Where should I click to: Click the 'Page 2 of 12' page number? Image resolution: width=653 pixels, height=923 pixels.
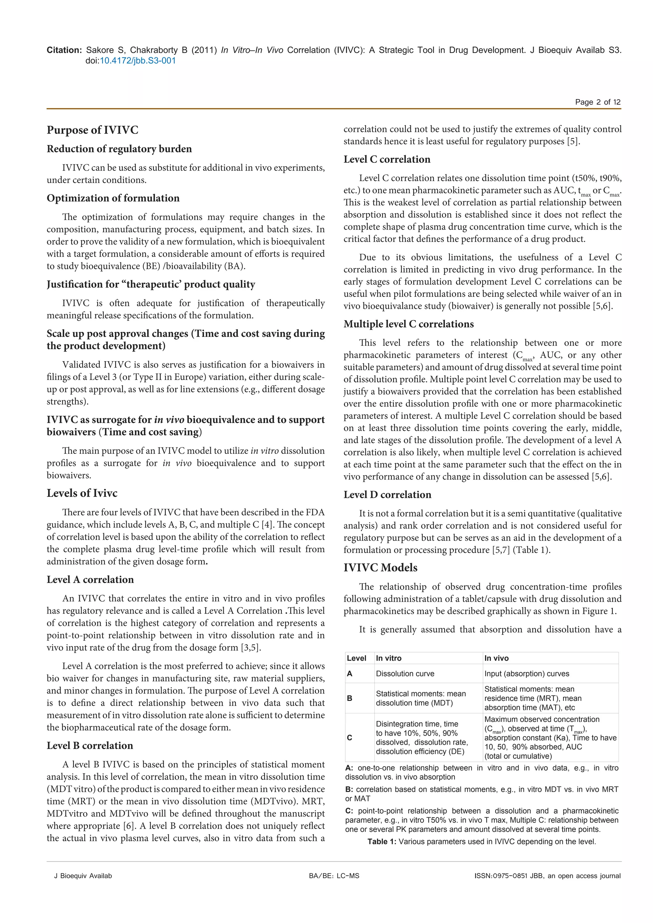coord(598,102)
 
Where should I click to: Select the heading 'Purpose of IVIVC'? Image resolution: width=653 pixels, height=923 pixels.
coord(92,130)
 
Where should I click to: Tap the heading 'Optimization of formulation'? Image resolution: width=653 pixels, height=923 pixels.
coord(113,198)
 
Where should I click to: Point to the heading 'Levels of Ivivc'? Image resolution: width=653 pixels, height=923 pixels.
coord(82,493)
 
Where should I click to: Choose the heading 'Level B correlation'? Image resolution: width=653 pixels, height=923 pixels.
coord(90,746)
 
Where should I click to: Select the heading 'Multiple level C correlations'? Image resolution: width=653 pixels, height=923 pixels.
coord(408,324)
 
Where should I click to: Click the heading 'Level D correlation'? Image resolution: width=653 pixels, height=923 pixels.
coord(387,495)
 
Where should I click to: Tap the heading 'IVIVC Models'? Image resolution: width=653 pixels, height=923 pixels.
coord(380,568)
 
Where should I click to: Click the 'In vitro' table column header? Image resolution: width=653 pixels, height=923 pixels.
coord(388,658)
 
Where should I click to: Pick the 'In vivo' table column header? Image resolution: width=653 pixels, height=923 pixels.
coord(496,658)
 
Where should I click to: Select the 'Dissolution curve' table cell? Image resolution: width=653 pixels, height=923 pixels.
coord(405,673)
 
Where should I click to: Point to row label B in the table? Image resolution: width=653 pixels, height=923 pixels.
coord(349,698)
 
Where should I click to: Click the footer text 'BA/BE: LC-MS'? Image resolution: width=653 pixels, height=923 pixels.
coord(334,876)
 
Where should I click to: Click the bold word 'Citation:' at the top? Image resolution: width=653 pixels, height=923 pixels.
coord(64,50)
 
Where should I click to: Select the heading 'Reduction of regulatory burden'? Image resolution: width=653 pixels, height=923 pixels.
coord(119,149)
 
